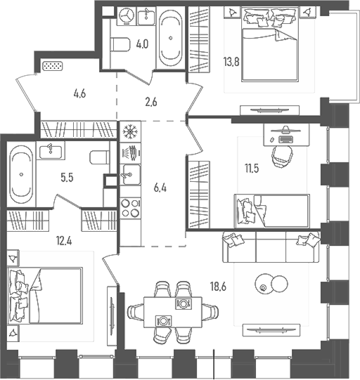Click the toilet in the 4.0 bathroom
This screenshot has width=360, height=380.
click(119, 44)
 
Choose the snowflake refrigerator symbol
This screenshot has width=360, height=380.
click(129, 131)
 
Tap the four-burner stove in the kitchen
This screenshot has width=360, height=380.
click(129, 209)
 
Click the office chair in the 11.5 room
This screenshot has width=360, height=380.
click(283, 154)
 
